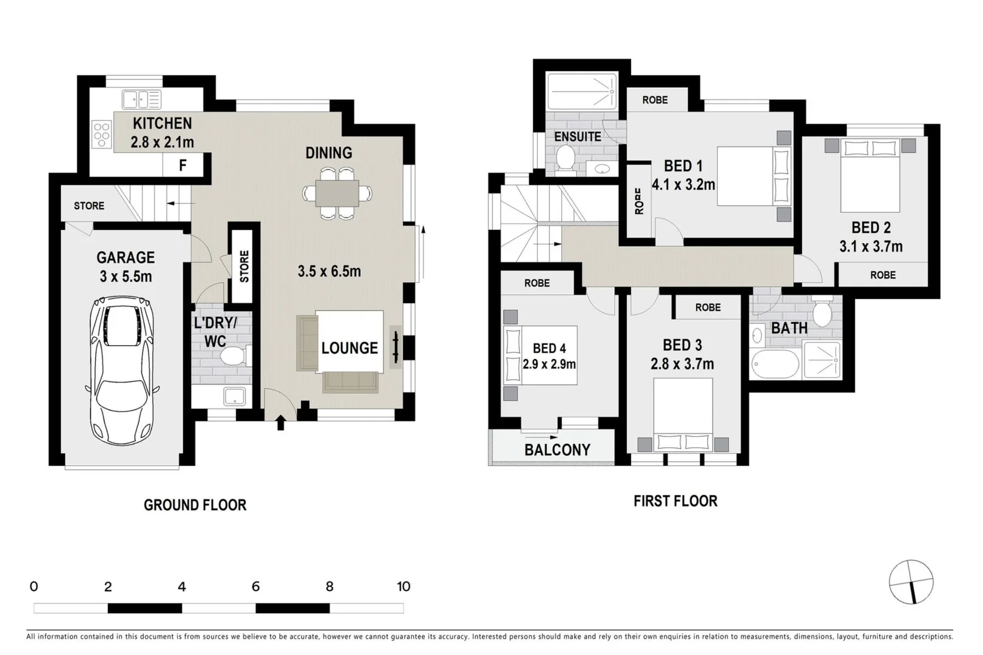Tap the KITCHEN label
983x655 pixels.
[162, 124]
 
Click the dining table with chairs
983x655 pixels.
[337, 193]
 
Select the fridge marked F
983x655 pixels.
[182, 164]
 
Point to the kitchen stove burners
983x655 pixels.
[101, 135]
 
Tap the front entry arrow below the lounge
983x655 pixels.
[280, 423]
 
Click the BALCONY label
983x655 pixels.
[557, 450]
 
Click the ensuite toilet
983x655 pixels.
[565, 159]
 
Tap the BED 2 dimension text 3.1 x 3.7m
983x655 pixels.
[871, 247]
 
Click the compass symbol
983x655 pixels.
[911, 582]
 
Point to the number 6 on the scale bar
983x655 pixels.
[255, 586]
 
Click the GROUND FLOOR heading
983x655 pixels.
[195, 505]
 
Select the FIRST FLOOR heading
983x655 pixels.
[675, 501]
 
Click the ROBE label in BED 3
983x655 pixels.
[708, 307]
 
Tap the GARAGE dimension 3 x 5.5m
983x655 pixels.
[126, 277]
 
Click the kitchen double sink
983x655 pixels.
[141, 99]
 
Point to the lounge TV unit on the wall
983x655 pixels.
[396, 348]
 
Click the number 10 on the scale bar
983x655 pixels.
[404, 586]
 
